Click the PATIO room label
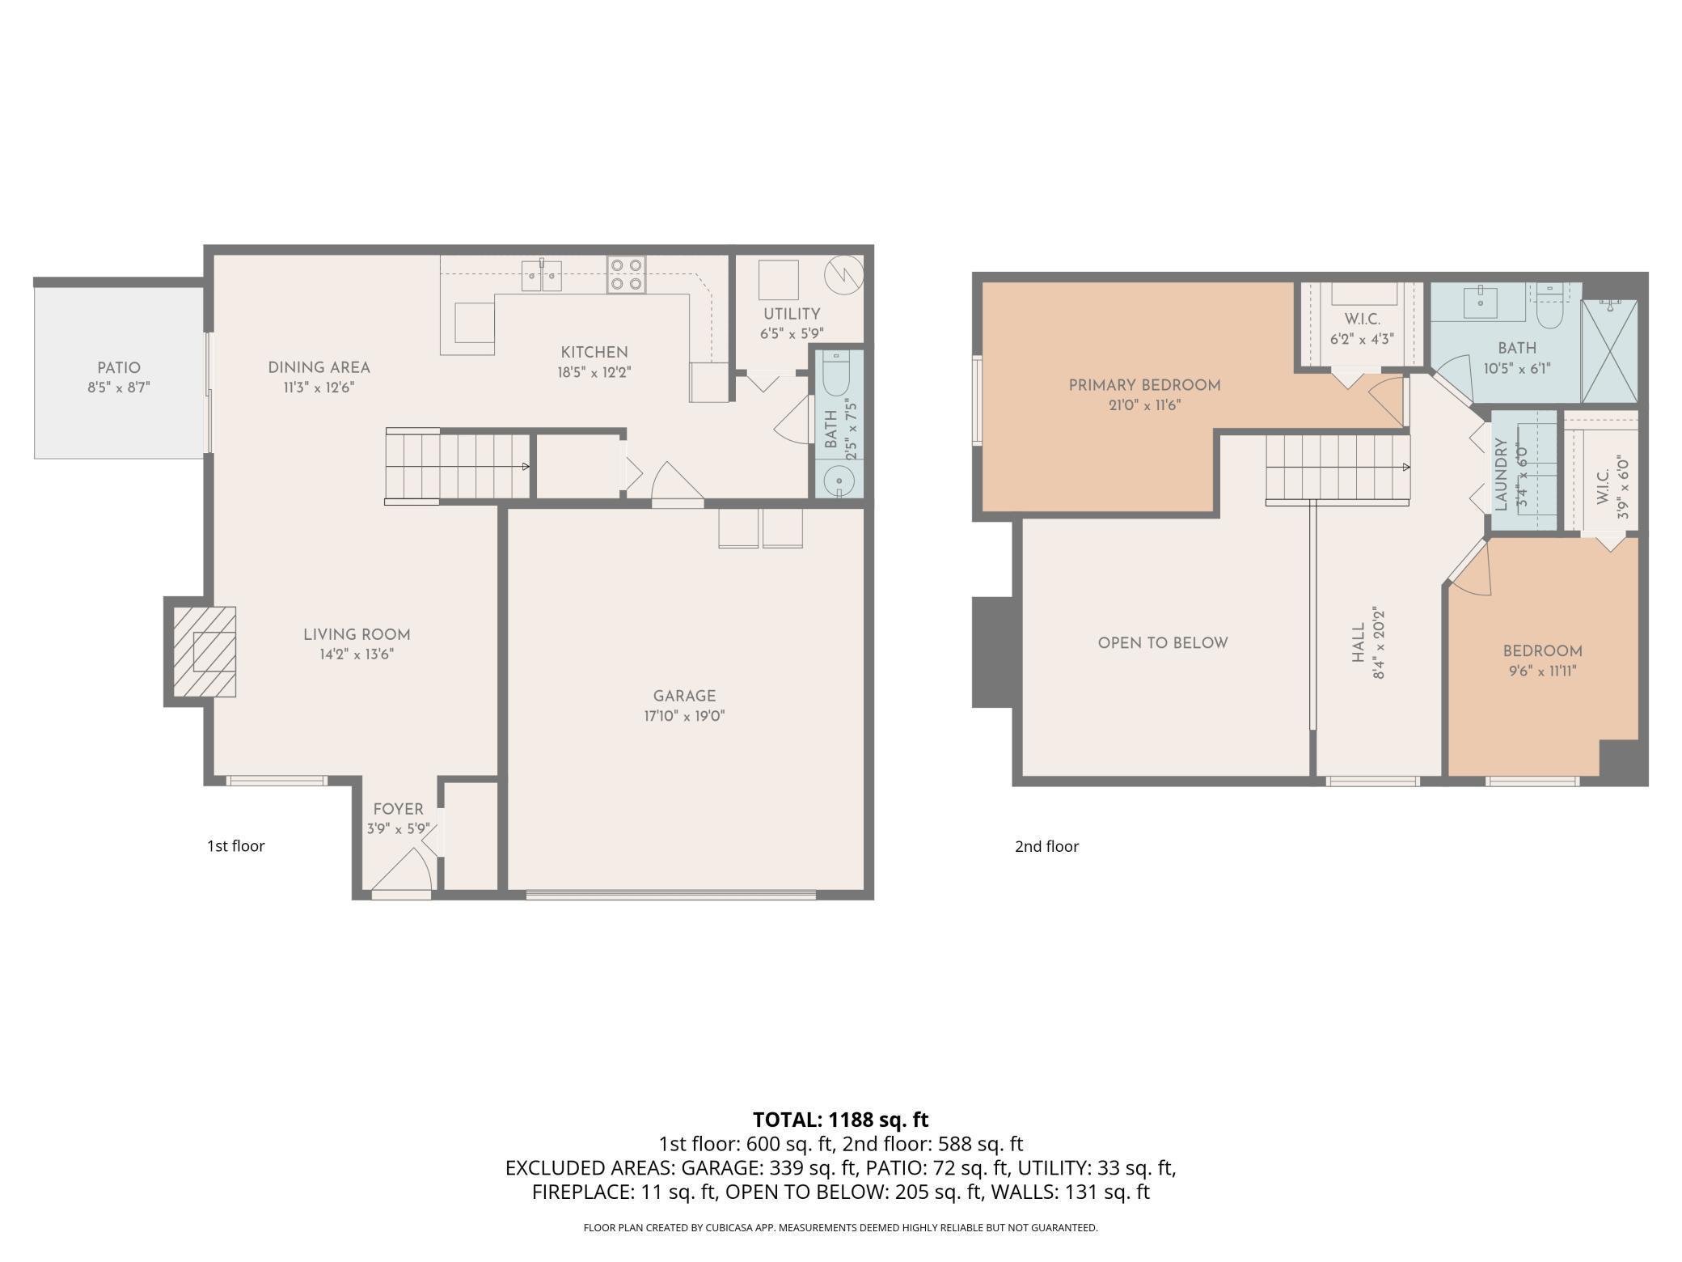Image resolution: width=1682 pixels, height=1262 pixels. click(119, 368)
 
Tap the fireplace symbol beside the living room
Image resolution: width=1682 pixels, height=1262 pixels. click(205, 651)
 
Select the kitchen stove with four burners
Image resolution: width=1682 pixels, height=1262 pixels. click(627, 274)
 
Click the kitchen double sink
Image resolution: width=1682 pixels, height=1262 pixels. click(542, 275)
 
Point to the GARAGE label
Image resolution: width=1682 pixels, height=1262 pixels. click(684, 696)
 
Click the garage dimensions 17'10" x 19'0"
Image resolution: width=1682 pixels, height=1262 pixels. click(684, 716)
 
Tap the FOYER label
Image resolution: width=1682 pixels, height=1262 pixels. click(398, 809)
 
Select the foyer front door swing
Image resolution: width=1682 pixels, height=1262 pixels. click(401, 870)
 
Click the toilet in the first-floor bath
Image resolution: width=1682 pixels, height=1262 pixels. click(836, 374)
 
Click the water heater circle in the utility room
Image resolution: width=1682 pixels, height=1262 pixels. click(843, 276)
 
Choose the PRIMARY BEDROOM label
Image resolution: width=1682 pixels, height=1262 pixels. click(1144, 385)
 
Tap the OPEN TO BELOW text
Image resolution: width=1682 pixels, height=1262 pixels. click(1163, 643)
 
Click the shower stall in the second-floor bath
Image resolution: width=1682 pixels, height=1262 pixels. click(1609, 351)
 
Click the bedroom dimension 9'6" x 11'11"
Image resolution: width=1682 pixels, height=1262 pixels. click(1541, 671)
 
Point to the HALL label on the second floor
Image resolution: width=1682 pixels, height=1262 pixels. click(1359, 642)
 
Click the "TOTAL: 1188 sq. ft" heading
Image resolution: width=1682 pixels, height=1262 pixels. click(841, 1120)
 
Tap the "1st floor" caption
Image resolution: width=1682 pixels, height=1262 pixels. click(235, 846)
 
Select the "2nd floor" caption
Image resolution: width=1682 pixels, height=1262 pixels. click(1046, 846)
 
